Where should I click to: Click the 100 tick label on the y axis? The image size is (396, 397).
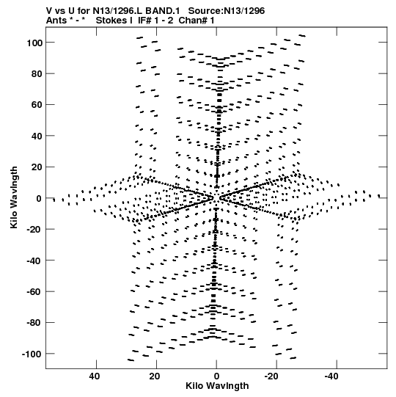pyautogui.click(x=34, y=43)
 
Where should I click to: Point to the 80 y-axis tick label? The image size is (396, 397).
pyautogui.click(x=37, y=74)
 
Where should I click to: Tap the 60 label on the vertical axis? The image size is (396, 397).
pyautogui.click(x=37, y=105)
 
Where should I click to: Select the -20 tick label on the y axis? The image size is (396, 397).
pyautogui.click(x=34, y=230)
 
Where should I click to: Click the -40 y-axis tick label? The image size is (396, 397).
pyautogui.click(x=34, y=261)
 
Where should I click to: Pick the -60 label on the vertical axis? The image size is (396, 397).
pyautogui.click(x=34, y=291)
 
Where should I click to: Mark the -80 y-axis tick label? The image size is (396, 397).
pyautogui.click(x=34, y=323)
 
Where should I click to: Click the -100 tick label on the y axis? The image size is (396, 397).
pyautogui.click(x=32, y=354)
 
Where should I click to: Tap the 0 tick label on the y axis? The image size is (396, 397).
pyautogui.click(x=39, y=198)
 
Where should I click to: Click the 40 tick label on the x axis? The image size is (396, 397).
pyautogui.click(x=94, y=376)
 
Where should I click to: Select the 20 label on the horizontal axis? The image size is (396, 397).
pyautogui.click(x=154, y=376)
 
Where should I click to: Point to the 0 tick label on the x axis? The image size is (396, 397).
pyautogui.click(x=216, y=376)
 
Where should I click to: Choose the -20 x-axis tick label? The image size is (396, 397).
pyautogui.click(x=272, y=376)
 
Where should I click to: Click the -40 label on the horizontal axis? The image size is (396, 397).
pyautogui.click(x=332, y=376)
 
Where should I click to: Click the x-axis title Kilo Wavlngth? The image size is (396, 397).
pyautogui.click(x=217, y=386)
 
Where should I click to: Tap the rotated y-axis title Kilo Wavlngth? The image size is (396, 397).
pyautogui.click(x=15, y=197)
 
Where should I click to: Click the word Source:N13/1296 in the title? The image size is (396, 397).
pyautogui.click(x=227, y=11)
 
